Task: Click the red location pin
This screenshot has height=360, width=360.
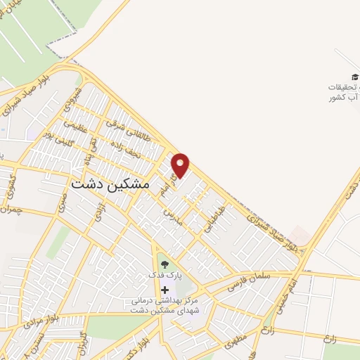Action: (x=181, y=165)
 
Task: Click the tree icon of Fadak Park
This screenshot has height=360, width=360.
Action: (x=165, y=264)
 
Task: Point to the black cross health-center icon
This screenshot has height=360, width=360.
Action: (x=165, y=290)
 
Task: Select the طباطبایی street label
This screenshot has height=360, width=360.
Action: (x=214, y=219)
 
